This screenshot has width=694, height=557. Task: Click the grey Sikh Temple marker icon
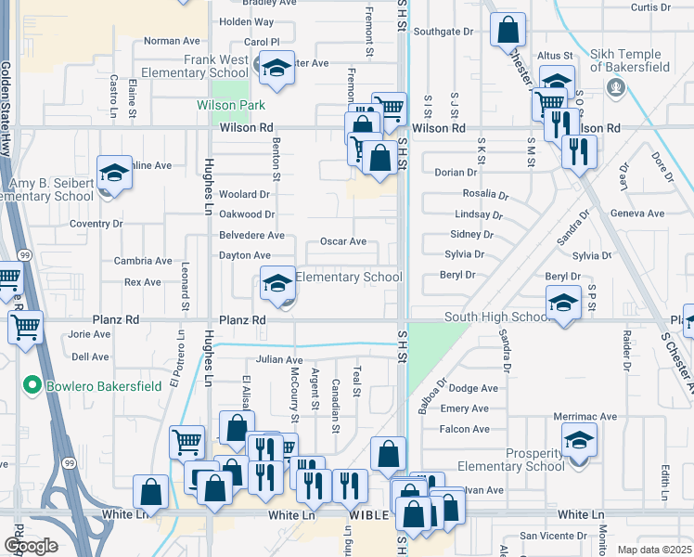click(613, 87)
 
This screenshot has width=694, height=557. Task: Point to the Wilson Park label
click(231, 105)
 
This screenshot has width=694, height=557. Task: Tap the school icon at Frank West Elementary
click(276, 68)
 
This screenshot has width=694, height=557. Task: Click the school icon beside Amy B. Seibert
click(114, 173)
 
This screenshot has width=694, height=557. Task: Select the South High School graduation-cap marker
click(563, 303)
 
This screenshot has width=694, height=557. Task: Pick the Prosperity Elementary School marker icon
click(579, 439)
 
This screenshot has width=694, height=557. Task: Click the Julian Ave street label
click(280, 359)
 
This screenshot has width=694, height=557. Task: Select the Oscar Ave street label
click(343, 241)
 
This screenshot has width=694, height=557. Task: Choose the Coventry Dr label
click(96, 224)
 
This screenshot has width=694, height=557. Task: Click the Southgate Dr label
click(443, 32)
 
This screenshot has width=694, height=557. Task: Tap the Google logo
click(31, 546)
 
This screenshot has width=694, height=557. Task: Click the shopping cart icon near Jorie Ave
click(25, 327)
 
